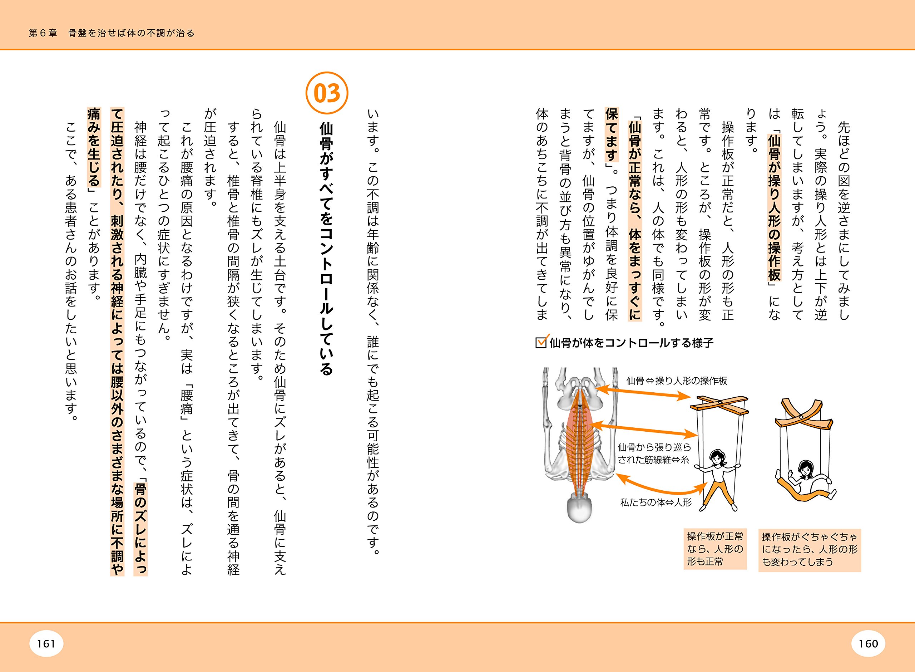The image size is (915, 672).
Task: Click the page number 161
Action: pos(46,643)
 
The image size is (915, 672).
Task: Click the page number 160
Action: pos(868,643)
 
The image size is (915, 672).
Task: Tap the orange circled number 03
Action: pos(327,93)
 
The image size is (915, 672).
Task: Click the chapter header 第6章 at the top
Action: pos(43,33)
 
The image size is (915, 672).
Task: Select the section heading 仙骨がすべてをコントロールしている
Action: pos(326,248)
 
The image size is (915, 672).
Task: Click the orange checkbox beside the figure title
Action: pos(541,343)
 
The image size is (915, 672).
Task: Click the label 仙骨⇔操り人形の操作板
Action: pos(676,381)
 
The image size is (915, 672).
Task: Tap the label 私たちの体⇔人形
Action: pos(656,502)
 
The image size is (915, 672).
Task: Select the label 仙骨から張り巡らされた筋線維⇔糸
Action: pos(654,453)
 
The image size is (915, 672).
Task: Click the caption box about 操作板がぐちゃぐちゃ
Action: pos(809,549)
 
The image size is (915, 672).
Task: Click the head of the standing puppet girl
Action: pos(718,457)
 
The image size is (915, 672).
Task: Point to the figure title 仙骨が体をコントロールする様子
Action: pos(631,343)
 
